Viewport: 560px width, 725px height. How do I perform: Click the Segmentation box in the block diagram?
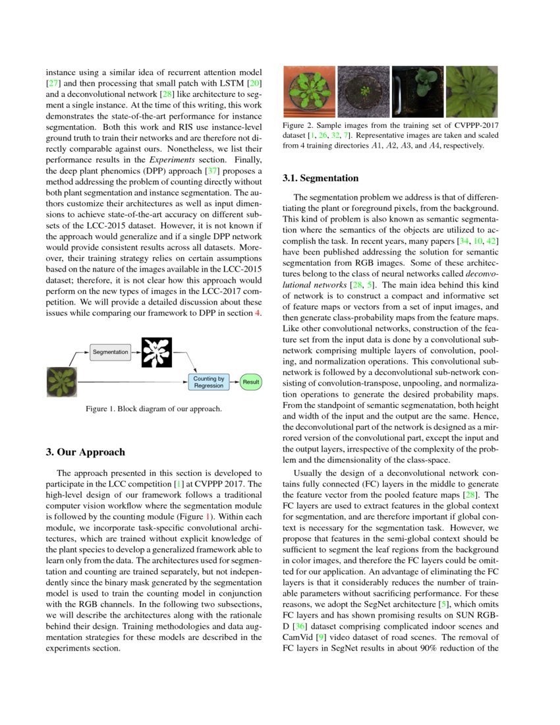click(x=110, y=352)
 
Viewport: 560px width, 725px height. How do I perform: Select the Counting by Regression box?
click(x=209, y=382)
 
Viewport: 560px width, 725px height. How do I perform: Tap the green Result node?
click(x=251, y=382)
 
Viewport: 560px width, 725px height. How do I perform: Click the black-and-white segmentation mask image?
click(x=156, y=353)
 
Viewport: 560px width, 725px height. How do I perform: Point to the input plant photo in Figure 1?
click(x=62, y=382)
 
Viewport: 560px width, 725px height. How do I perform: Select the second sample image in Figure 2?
click(x=364, y=92)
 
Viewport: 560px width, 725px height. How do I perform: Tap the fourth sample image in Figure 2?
click(x=472, y=92)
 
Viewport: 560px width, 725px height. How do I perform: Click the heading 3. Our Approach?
click(x=85, y=452)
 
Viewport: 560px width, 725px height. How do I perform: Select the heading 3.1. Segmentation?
click(x=320, y=178)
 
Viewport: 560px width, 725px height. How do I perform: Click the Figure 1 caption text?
click(x=154, y=409)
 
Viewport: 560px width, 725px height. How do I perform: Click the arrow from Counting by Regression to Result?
click(x=235, y=382)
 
